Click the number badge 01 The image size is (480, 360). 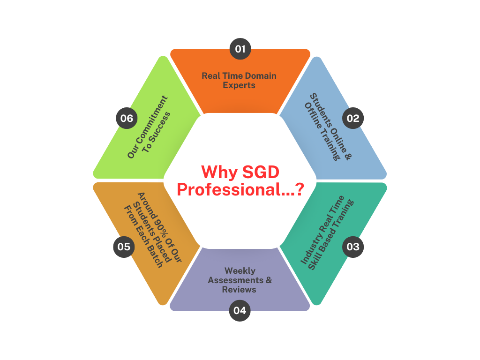coord(240,49)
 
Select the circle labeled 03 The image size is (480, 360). coord(353,247)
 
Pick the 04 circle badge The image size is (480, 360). coord(240,310)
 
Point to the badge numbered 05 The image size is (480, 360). coord(124,247)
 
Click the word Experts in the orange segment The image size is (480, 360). coord(239,85)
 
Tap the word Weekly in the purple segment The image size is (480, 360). coord(240,271)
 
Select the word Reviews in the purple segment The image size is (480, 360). coord(240,290)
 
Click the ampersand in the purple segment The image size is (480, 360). coord(269,280)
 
